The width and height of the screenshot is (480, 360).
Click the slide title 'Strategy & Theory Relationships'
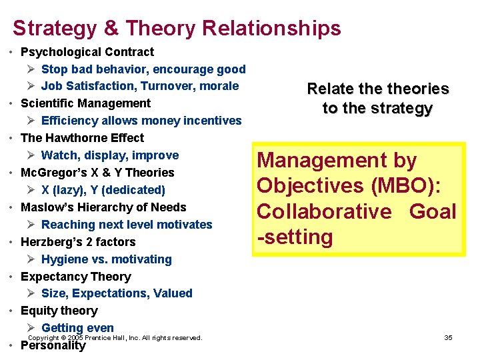pos(177,28)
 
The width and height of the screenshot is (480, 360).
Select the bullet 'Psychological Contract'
pos(87,52)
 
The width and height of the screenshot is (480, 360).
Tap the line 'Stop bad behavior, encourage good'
pos(143,69)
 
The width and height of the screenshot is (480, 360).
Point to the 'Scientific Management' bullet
pos(86,103)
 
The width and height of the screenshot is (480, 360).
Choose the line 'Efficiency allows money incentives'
pos(141,121)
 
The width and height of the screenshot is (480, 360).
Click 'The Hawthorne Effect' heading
pos(83,138)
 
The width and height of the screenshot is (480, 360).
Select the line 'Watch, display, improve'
pos(110,155)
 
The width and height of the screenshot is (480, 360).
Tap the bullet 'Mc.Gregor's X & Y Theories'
pos(97,173)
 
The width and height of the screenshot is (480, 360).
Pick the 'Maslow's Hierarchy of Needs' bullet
pos(103,207)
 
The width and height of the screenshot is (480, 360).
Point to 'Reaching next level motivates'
pos(127,225)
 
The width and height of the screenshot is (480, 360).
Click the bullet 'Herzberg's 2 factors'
pos(78,242)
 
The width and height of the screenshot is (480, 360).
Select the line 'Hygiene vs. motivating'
pos(107,259)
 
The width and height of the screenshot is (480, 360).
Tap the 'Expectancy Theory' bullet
pos(76,277)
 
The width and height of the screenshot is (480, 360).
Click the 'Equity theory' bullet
pos(59,311)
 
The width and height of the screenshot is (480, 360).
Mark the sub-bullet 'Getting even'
pos(77,327)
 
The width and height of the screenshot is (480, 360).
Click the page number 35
pos(448,338)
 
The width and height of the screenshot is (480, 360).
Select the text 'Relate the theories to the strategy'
pos(377,99)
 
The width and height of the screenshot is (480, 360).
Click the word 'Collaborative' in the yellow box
pos(324,212)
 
